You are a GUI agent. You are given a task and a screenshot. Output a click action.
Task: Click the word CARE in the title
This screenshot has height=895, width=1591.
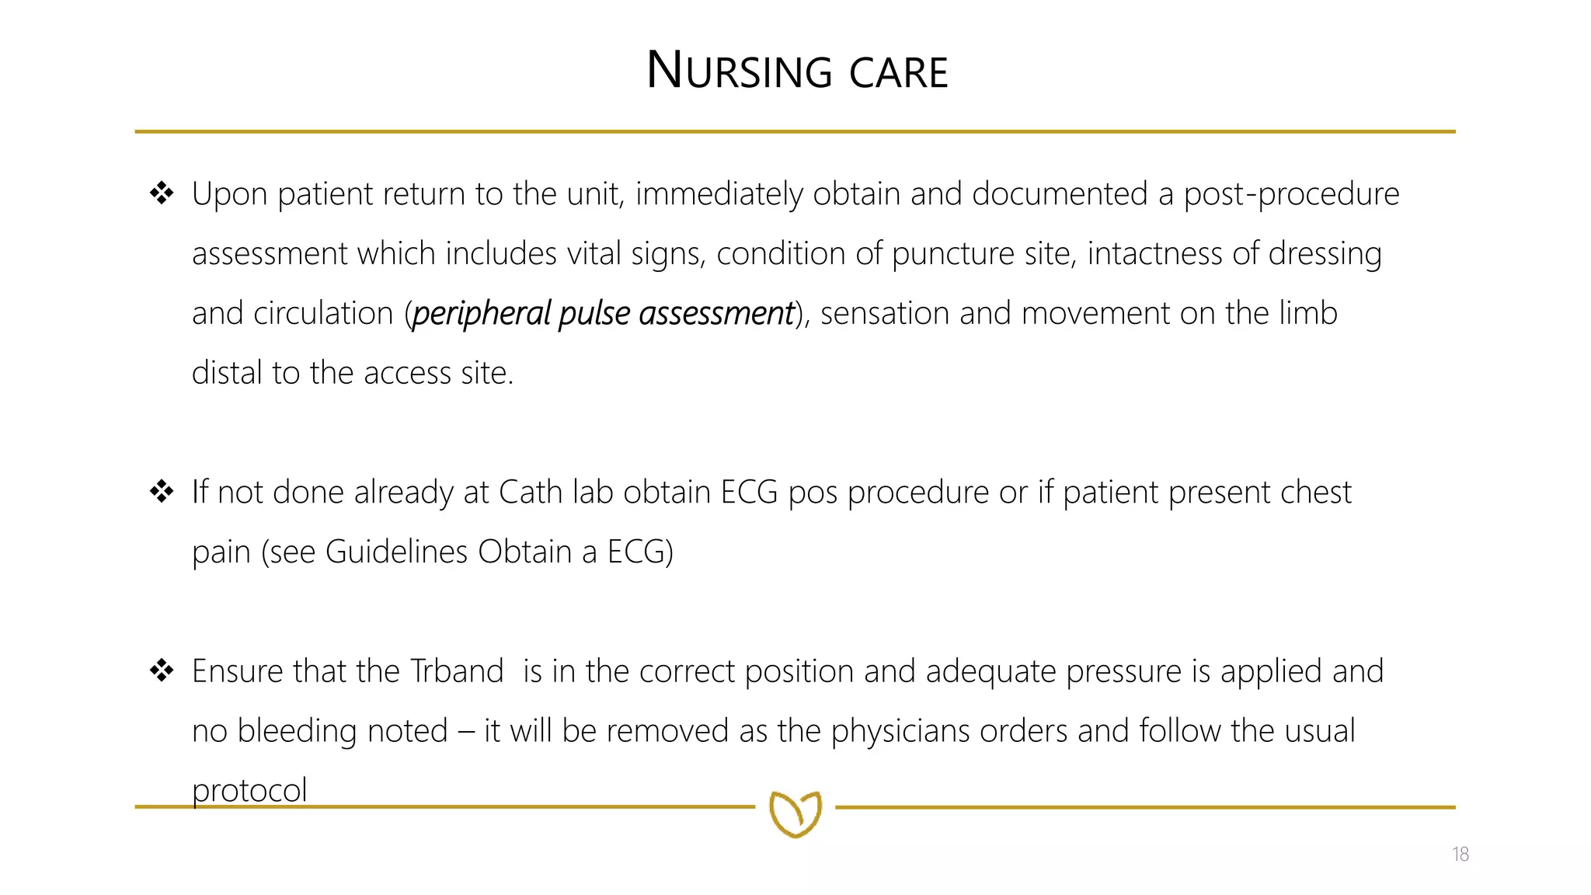pos(898,73)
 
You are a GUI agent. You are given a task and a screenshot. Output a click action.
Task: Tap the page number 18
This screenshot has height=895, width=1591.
pos(1460,855)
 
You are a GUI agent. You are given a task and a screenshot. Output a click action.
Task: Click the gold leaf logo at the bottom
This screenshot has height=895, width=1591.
pos(795,813)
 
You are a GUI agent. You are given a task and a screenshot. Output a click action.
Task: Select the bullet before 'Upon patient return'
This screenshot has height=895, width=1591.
pos(162,193)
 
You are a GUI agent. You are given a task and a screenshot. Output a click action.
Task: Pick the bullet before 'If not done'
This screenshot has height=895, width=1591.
pos(162,491)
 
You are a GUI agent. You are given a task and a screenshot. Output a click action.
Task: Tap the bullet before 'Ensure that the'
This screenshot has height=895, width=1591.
pos(162,670)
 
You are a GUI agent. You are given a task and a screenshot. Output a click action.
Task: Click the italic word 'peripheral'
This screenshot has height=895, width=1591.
pos(481,314)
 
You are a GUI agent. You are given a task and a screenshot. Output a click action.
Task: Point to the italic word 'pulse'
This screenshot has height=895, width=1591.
pos(594,314)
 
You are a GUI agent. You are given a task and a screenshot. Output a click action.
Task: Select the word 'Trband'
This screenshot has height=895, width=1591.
pos(456,671)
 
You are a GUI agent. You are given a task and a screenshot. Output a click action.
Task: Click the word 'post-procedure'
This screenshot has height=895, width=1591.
pos(1291,194)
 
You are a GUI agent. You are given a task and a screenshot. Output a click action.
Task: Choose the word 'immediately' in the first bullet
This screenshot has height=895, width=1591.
pos(719,194)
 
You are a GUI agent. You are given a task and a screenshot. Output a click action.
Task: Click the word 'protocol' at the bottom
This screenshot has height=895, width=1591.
pos(249,791)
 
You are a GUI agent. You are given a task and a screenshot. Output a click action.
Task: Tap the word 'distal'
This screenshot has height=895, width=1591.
pos(226,373)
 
